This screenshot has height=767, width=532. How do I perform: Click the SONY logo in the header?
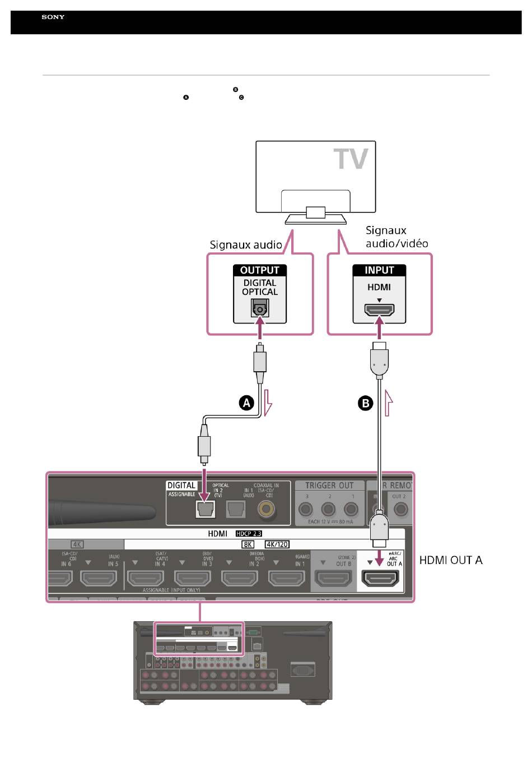[53, 17]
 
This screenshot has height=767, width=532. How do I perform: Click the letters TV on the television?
[351, 159]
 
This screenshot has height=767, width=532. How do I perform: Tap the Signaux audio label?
[246, 245]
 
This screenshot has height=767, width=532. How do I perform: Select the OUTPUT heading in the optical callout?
[260, 270]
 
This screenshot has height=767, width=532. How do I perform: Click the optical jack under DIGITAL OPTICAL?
[260, 308]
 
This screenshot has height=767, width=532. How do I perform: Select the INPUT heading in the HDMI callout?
[379, 270]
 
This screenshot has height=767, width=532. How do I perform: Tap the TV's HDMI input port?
[379, 310]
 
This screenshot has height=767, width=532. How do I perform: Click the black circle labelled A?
[246, 403]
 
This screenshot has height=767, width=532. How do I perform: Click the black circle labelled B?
[365, 403]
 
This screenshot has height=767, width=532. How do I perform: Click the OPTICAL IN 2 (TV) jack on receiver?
[206, 509]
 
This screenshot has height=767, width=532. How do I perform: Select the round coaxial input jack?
[266, 509]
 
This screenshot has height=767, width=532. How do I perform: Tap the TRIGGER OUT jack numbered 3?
[306, 509]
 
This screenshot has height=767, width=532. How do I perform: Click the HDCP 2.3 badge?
[249, 534]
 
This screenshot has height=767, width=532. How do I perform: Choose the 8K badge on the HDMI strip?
[248, 544]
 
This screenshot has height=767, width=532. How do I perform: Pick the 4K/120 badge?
[277, 544]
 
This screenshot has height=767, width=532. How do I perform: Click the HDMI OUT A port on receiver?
[381, 577]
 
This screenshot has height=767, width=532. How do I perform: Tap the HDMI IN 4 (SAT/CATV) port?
[146, 577]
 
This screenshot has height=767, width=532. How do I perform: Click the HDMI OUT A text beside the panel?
[451, 560]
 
